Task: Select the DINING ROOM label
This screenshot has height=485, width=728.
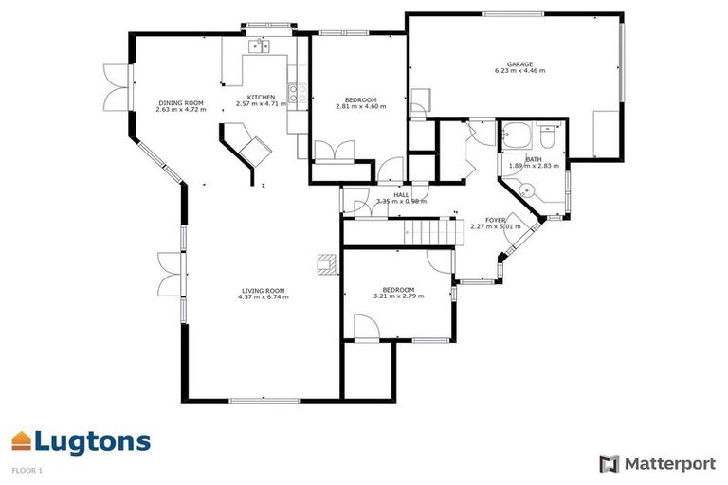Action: pyautogui.click(x=180, y=102)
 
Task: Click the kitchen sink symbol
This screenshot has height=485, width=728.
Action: pyautogui.click(x=259, y=45)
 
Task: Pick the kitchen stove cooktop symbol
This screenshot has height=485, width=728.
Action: pyautogui.click(x=295, y=93)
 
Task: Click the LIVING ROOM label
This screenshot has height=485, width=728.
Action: pyautogui.click(x=264, y=290)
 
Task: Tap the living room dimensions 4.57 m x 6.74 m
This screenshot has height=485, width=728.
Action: pyautogui.click(x=264, y=297)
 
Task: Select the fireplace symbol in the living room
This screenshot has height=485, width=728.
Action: pyautogui.click(x=326, y=264)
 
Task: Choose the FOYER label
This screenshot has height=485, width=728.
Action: pyautogui.click(x=497, y=220)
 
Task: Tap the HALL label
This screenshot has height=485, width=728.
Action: pyautogui.click(x=401, y=194)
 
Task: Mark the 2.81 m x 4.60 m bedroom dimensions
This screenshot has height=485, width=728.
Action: pyautogui.click(x=361, y=107)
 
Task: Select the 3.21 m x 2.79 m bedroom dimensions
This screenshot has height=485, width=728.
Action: pyautogui.click(x=398, y=296)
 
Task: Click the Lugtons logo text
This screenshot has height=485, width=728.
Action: pyautogui.click(x=93, y=441)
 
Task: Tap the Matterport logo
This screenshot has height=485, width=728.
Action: pyautogui.click(x=657, y=463)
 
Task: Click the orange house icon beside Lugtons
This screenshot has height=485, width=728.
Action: pyautogui.click(x=22, y=440)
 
